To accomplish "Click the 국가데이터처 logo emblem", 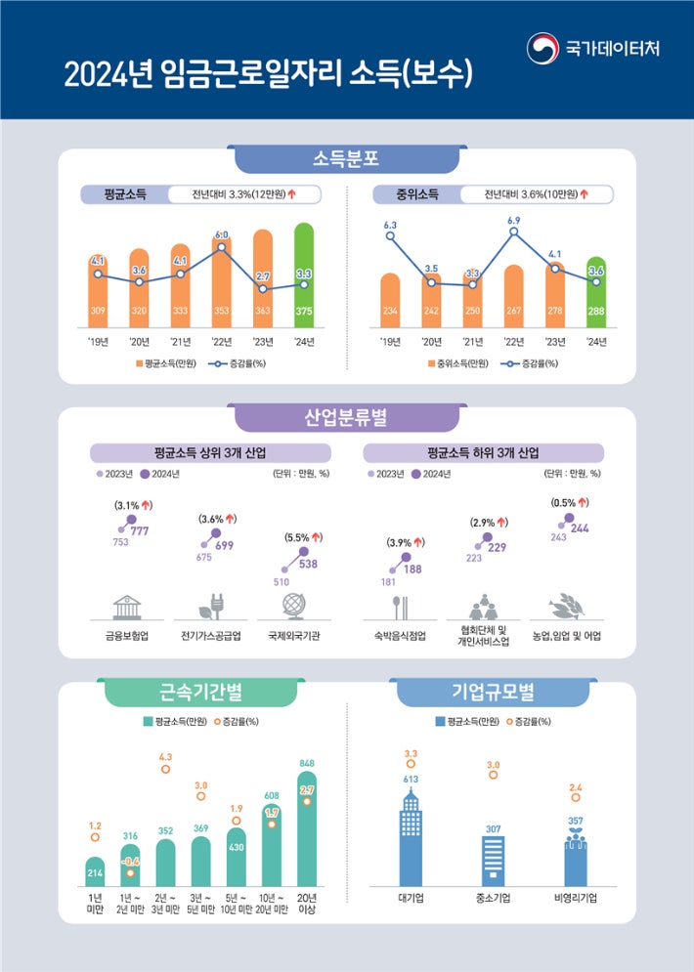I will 543,48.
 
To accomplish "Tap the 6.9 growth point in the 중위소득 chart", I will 513,234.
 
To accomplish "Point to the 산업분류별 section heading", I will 346,418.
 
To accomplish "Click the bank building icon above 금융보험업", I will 127,607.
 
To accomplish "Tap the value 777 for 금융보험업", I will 140,530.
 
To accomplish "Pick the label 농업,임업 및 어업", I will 568,634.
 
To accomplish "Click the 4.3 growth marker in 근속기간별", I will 165,770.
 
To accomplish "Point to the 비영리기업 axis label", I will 575,897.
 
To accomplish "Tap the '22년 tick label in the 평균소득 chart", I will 221,342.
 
